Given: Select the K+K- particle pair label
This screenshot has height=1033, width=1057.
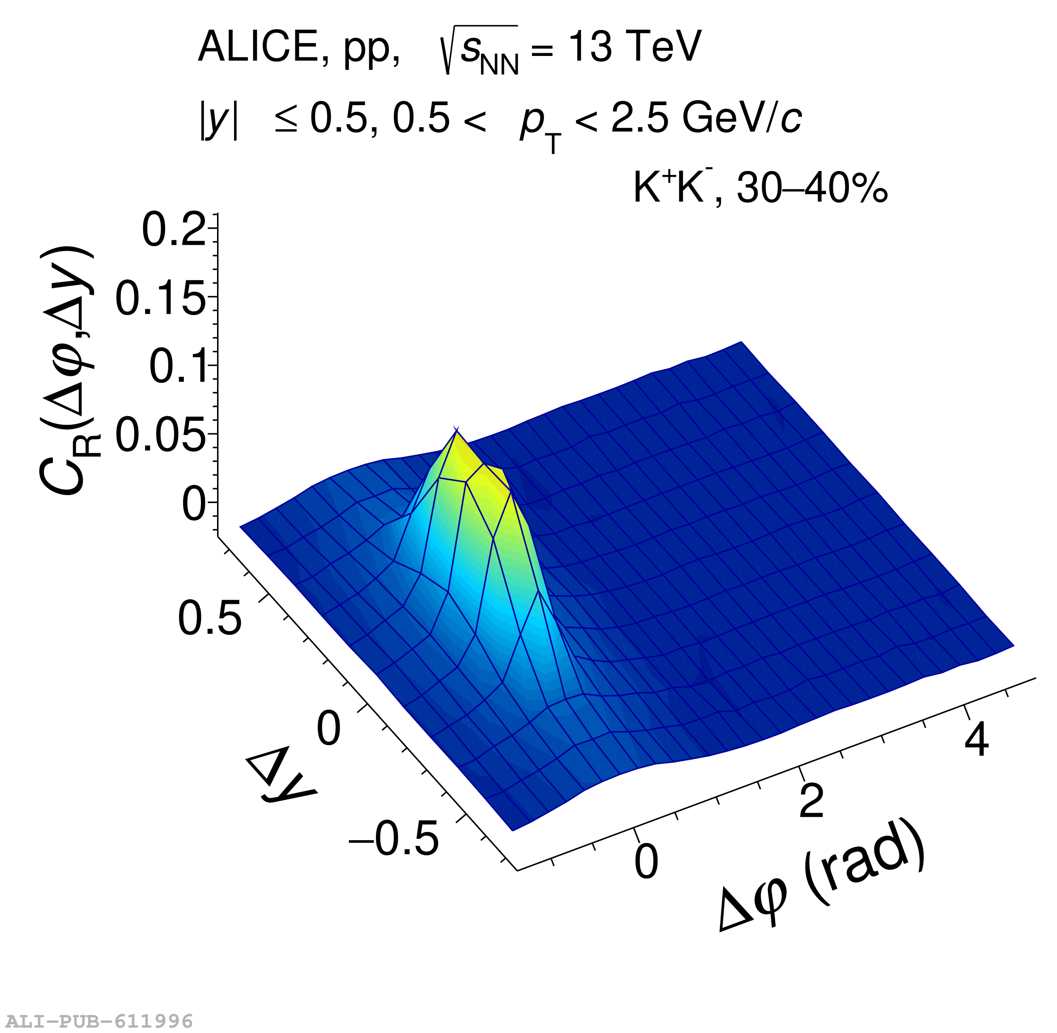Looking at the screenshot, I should pyautogui.click(x=673, y=187).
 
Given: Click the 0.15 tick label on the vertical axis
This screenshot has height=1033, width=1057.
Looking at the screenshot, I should pyautogui.click(x=161, y=299).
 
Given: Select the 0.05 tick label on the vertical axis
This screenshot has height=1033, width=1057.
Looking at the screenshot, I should pyautogui.click(x=161, y=435).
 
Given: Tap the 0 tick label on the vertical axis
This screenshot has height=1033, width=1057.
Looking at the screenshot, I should pyautogui.click(x=194, y=504).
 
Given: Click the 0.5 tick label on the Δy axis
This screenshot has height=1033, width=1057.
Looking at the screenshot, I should pyautogui.click(x=209, y=618).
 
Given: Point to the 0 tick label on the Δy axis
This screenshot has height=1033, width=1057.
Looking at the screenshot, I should pyautogui.click(x=328, y=729).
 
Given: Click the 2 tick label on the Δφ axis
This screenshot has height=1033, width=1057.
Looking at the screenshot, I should pyautogui.click(x=812, y=800).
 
